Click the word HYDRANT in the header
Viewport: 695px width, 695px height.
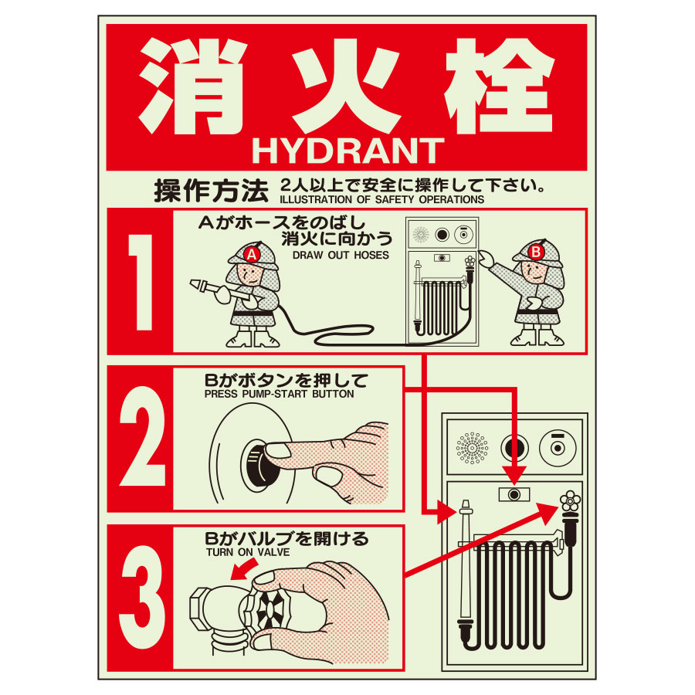coord(347,151)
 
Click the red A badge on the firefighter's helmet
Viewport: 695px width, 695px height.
coord(250,253)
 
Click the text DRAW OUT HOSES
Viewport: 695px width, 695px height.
coord(341,255)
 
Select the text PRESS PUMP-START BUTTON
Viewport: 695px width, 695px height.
coord(279,394)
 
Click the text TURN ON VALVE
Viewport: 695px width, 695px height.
coord(244,553)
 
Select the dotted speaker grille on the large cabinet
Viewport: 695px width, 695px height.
coord(471,446)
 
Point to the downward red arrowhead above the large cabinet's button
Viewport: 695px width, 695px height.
coord(514,473)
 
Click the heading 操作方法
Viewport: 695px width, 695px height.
coord(211,189)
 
